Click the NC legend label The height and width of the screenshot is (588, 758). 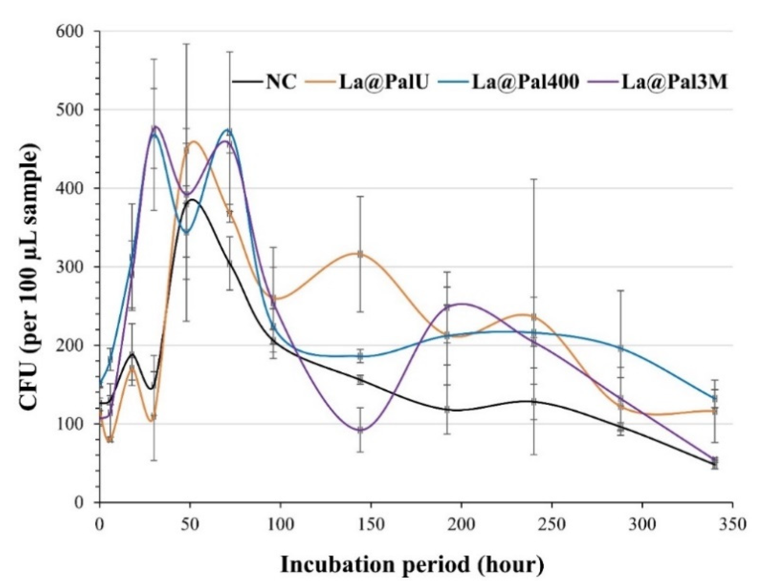coord(281,83)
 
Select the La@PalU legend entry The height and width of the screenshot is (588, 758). coord(383,83)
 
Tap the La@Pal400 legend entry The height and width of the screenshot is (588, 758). coord(525,83)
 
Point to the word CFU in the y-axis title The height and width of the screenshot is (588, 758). coord(29,387)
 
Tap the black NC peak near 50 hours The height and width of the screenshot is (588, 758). coord(192,200)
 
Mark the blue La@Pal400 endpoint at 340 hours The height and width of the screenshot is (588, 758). coord(715,398)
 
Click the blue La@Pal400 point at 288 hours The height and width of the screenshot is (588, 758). coord(620,348)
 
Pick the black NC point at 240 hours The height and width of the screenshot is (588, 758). coord(533,402)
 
